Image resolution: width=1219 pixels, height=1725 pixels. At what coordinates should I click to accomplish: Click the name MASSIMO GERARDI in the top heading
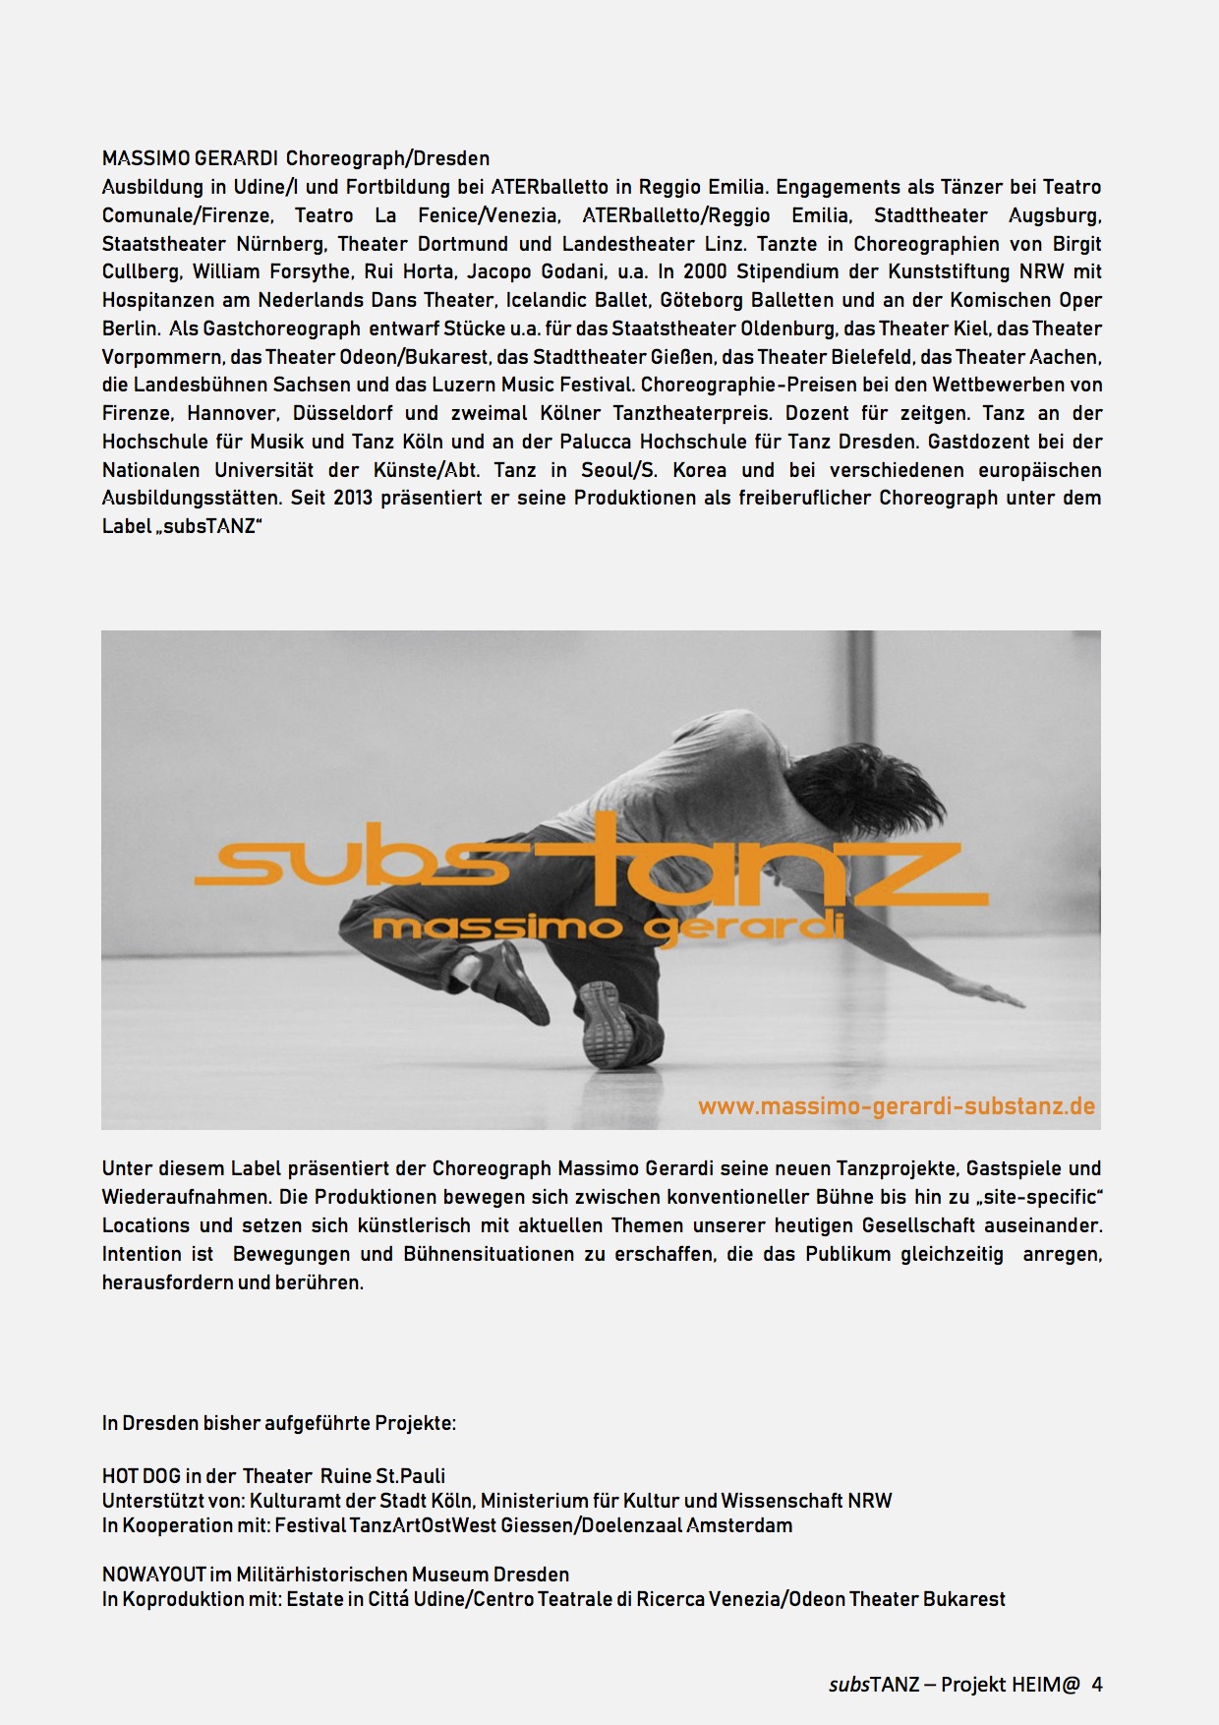190,158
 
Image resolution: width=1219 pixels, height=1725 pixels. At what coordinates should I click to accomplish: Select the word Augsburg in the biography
1054,215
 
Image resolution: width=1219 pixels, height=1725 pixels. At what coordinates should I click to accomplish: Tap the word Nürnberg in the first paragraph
279,244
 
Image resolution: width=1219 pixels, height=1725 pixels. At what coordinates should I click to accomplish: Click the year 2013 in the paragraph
353,498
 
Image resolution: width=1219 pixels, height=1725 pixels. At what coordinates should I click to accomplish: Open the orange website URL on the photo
896,1106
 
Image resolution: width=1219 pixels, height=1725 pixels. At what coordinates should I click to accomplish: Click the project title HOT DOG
141,1476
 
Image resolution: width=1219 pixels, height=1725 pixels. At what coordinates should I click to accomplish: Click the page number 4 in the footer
1097,1685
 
